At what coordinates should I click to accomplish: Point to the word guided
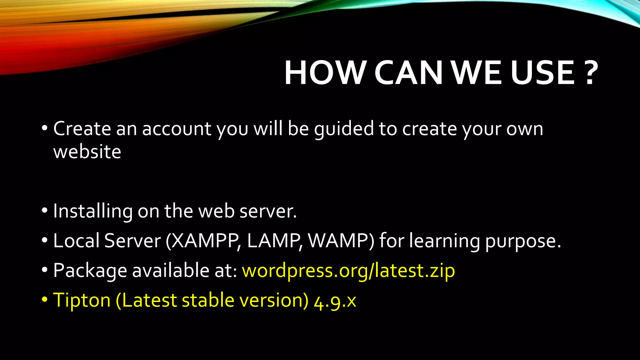(344, 129)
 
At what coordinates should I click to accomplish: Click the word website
(87, 152)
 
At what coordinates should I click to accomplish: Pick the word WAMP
(340, 241)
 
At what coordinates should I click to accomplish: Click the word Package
(90, 271)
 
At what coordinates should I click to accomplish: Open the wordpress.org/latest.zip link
(348, 271)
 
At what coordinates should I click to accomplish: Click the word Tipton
(82, 300)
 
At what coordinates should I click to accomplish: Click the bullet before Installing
(44, 211)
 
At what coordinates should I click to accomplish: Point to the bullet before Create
(44, 128)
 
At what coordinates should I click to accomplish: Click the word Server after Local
(132, 241)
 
